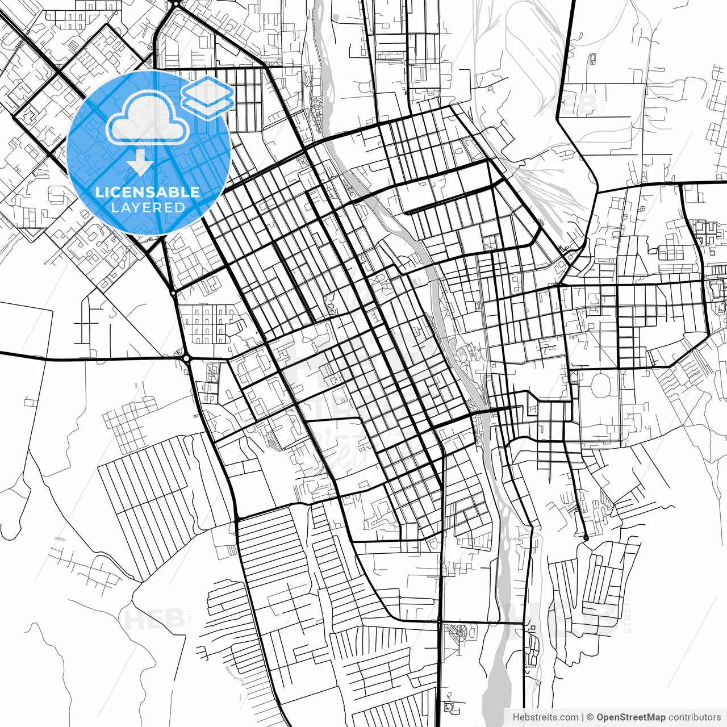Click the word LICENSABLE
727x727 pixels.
click(148, 192)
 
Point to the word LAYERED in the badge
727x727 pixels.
click(148, 207)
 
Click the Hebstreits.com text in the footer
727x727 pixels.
click(545, 717)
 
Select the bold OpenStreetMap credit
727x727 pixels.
click(631, 717)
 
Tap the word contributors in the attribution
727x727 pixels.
click(694, 717)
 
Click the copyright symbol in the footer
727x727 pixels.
click(590, 717)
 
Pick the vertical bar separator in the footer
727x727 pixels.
click(583, 717)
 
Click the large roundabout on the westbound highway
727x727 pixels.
click(186, 358)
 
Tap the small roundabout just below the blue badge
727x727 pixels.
click(173, 293)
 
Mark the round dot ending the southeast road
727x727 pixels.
click(586, 537)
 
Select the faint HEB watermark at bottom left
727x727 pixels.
click(153, 619)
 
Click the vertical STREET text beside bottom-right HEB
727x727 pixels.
click(628, 616)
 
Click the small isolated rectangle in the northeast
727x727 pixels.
click(592, 59)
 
